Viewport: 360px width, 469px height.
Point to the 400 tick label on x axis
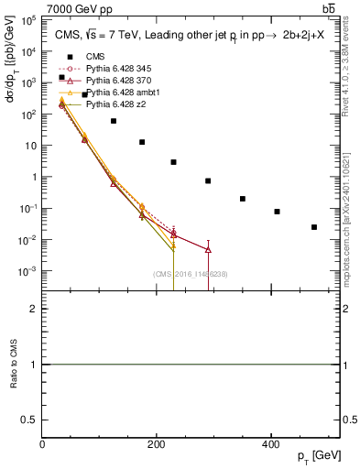point(271,444)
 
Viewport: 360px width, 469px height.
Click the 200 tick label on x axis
point(157,444)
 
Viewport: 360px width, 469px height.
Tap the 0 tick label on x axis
point(43,444)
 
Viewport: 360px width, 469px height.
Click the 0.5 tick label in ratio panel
point(32,420)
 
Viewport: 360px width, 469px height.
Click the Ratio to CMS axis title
point(12,365)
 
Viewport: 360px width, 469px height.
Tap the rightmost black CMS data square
point(314,227)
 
